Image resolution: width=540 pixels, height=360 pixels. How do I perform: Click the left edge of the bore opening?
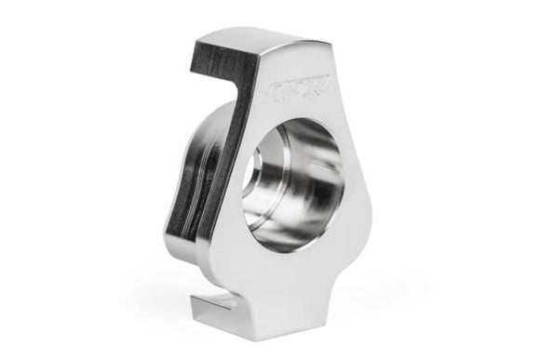click(247, 186)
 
